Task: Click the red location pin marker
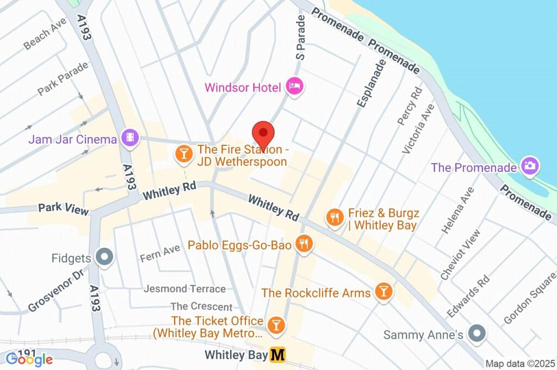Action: point(263,134)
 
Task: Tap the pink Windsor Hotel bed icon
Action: point(294,87)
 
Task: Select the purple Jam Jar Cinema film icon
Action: point(130,138)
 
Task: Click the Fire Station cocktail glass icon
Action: point(184,154)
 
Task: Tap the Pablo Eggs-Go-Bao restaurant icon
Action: point(303,244)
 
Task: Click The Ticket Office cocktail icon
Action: point(277,325)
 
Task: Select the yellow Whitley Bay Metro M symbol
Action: point(278,355)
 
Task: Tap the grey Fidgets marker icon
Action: point(103,256)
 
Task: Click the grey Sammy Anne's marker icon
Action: point(477,332)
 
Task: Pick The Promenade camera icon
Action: point(529,165)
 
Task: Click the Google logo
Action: point(29,359)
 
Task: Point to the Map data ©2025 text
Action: point(519,363)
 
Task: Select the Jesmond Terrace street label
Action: point(184,289)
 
